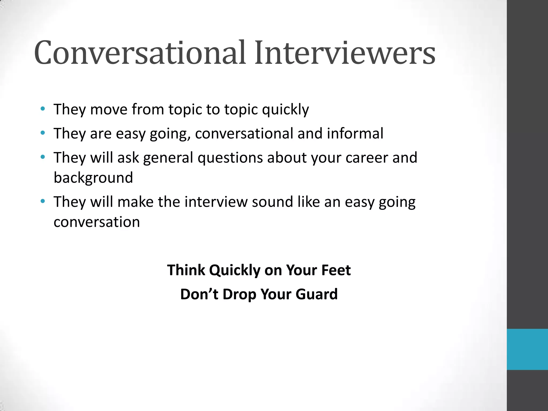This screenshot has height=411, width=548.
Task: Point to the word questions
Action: click(x=230, y=158)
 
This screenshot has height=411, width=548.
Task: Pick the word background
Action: click(x=93, y=178)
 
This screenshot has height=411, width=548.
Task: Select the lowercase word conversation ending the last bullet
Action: click(x=97, y=222)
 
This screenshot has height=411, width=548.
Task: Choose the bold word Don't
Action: click(x=199, y=294)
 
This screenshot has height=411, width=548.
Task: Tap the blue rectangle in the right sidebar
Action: click(x=527, y=349)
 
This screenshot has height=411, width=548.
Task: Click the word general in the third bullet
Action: click(x=168, y=158)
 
